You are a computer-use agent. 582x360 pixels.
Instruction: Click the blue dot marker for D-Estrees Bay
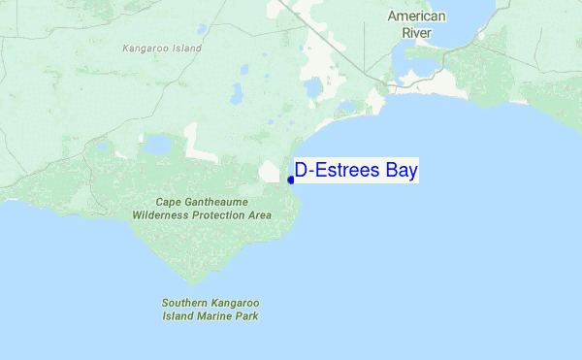click(x=291, y=180)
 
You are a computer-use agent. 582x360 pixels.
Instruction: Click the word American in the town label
click(x=416, y=16)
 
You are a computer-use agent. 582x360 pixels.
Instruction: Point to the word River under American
click(x=416, y=32)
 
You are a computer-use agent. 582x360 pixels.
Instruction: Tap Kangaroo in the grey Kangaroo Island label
click(x=143, y=48)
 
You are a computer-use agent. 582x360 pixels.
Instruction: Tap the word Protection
click(x=225, y=214)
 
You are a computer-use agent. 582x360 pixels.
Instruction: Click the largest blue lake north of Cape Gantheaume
click(x=156, y=146)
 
